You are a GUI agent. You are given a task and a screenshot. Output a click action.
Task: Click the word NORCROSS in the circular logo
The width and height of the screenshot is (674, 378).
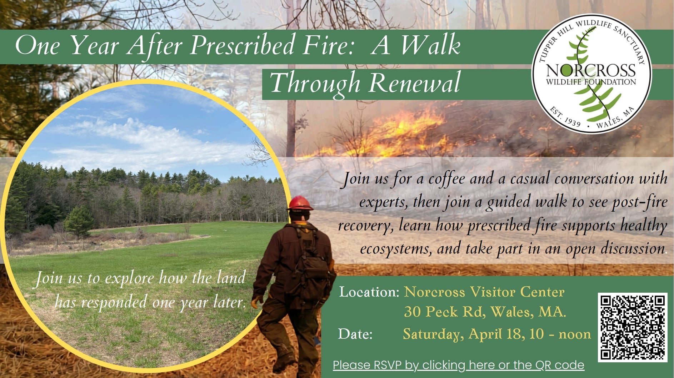(591, 70)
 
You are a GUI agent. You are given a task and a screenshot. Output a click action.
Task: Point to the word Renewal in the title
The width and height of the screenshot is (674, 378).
(414, 83)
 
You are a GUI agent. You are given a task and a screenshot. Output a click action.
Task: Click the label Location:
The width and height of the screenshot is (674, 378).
(369, 292)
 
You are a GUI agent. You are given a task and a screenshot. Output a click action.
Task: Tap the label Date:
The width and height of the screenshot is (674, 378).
(355, 334)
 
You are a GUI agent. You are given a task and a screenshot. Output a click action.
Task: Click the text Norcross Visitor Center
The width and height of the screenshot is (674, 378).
(484, 292)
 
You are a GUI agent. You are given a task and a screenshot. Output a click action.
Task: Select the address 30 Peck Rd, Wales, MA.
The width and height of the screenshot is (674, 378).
(485, 312)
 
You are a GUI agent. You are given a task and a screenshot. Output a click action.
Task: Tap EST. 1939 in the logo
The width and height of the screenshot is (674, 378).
(566, 117)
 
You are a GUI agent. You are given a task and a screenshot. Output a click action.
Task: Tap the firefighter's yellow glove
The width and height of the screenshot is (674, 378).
(256, 302)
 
